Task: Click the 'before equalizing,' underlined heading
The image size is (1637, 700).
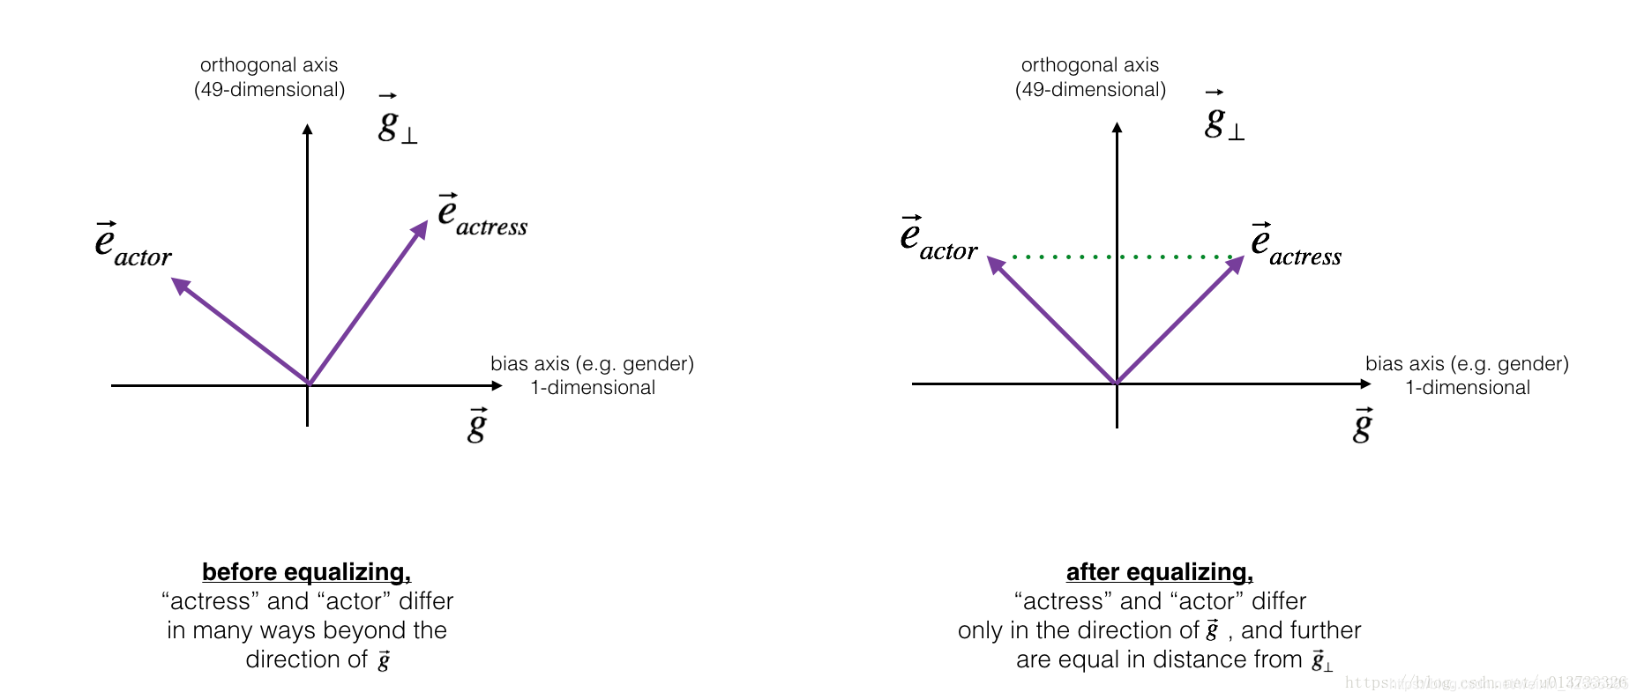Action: click(306, 572)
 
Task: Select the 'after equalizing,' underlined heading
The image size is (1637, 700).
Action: click(1159, 572)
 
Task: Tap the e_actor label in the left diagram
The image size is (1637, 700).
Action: click(132, 244)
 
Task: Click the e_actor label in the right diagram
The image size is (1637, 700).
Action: click(938, 239)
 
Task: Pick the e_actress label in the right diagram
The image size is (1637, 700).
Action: click(1295, 245)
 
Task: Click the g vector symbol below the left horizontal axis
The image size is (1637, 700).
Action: click(477, 426)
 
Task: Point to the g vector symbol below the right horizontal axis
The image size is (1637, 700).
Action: click(1363, 426)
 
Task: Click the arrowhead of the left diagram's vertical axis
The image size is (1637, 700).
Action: click(307, 130)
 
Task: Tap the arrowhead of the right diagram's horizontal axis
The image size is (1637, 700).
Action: click(1365, 384)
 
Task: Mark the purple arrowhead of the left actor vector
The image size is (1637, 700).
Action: click(180, 285)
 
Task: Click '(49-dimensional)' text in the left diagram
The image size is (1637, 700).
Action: click(269, 90)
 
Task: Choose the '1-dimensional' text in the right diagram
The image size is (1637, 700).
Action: click(1468, 388)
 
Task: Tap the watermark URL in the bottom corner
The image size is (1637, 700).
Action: click(1485, 682)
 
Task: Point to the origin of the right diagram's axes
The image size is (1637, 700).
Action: click(1117, 384)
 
